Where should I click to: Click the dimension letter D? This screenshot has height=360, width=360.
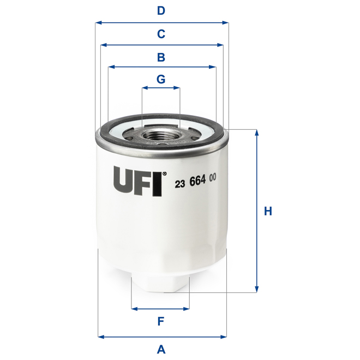[x=161, y=10]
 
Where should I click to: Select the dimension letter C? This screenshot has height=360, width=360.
[x=161, y=34]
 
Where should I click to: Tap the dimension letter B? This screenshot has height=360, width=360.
[x=161, y=57]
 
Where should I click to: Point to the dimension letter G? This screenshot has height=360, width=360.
[x=161, y=79]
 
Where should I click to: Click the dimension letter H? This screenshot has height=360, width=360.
[x=267, y=211]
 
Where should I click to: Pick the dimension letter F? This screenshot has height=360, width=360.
[x=161, y=321]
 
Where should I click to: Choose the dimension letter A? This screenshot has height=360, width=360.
[x=161, y=349]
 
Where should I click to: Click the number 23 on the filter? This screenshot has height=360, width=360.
[x=179, y=183]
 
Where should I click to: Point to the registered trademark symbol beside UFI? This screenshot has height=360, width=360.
[x=165, y=173]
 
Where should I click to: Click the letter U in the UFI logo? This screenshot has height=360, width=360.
[x=123, y=181]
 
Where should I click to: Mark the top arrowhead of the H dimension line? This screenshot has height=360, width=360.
[x=257, y=133]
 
